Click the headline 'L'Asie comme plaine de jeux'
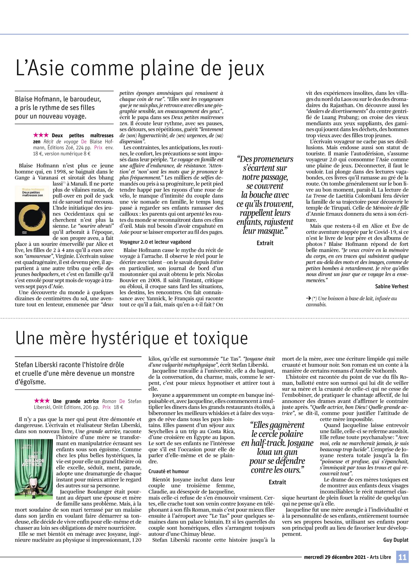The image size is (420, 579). pos(140,68)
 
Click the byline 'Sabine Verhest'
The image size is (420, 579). pos(391,286)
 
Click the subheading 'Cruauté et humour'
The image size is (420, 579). pos(169,471)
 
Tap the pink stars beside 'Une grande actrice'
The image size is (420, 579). pos(42,401)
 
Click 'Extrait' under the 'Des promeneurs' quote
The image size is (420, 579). pos(265,243)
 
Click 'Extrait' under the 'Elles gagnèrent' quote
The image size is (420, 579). pos(277,482)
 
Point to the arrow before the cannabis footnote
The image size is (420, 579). pos(309,298)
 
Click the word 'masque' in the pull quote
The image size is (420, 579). pos(273,231)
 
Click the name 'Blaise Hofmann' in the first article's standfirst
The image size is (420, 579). pos(38,99)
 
